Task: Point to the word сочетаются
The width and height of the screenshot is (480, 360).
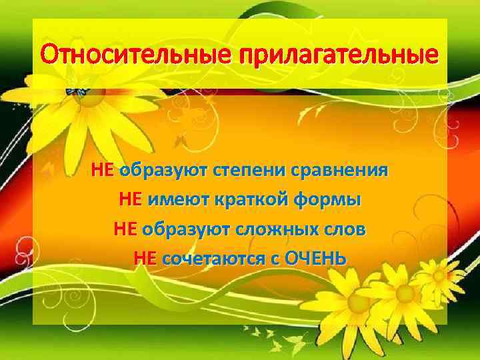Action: click(211, 257)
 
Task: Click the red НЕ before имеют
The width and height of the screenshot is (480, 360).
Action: click(130, 199)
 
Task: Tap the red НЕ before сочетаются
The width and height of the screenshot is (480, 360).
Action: click(145, 257)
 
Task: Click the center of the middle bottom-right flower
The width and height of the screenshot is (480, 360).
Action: click(403, 292)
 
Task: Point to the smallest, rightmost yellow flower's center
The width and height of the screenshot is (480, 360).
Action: click(439, 274)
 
